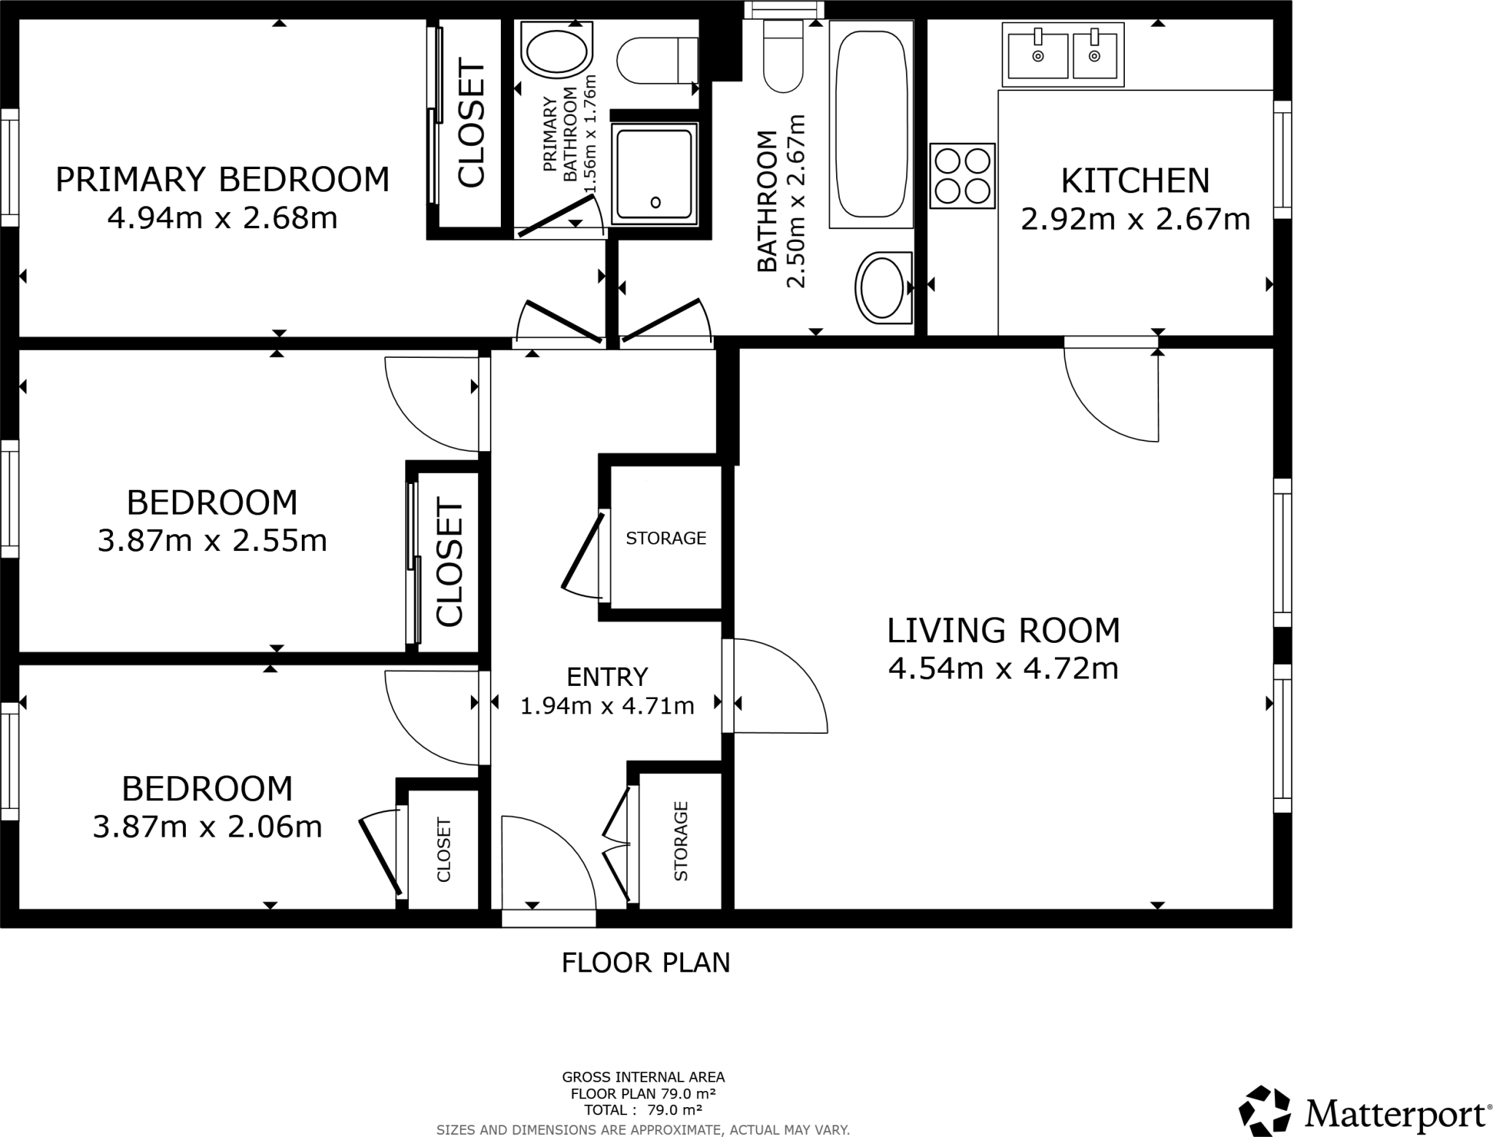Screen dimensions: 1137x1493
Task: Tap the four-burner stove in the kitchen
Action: pos(962,176)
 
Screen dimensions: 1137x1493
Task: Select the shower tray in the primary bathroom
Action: pos(654,173)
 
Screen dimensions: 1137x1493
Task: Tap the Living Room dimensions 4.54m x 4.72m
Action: pos(1003,668)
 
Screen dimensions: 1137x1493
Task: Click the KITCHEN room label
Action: pos(1135,181)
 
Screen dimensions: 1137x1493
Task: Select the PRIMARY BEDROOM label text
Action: pos(222,180)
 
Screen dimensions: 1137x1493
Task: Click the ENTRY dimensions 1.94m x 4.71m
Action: pos(607,706)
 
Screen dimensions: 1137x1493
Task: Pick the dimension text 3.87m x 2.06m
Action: pos(207,827)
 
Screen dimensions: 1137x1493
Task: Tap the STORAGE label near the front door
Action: pos(681,841)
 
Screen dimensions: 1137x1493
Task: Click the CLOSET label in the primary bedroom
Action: pos(471,125)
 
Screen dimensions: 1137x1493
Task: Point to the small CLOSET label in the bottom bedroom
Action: pos(443,850)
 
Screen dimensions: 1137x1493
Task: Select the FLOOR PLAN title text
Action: pos(645,963)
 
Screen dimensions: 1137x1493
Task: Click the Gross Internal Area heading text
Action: pos(643,1077)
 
